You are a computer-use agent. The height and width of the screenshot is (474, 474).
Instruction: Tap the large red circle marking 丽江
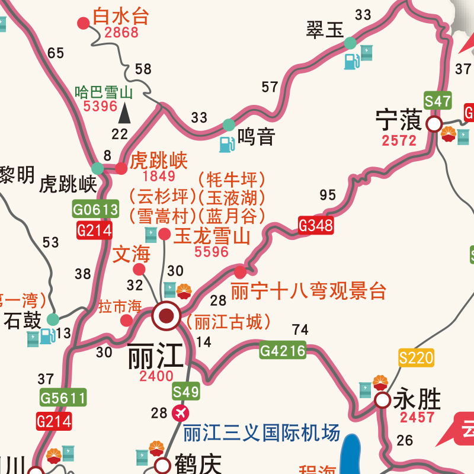[x=166, y=316]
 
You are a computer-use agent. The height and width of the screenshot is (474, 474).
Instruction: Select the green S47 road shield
[x=438, y=101]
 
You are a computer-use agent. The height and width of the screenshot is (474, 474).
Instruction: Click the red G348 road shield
[x=315, y=225]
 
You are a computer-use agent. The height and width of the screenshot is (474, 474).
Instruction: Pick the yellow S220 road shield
[x=416, y=358]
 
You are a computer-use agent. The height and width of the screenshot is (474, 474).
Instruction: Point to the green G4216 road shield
[x=283, y=351]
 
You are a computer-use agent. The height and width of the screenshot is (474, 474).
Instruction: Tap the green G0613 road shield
[x=95, y=209]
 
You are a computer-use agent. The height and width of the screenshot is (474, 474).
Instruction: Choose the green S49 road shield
[x=186, y=392]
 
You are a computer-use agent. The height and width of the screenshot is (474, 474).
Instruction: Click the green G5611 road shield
[x=63, y=398]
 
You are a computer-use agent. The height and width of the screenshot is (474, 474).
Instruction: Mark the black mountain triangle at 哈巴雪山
[x=125, y=112]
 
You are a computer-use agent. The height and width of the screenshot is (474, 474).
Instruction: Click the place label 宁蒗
[x=399, y=121]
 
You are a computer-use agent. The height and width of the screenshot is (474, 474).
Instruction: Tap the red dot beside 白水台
[x=84, y=23]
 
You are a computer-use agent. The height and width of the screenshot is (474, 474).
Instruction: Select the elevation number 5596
[x=212, y=252]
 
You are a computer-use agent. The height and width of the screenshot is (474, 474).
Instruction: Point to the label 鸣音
[x=257, y=137]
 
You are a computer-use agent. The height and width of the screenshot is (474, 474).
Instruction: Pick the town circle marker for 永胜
[x=383, y=401]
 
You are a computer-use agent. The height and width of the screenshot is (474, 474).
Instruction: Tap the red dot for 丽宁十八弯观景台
[x=240, y=273]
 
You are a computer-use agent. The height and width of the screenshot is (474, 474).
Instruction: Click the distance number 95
[x=327, y=195]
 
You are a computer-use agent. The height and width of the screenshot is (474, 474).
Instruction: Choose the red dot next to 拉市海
[x=126, y=321]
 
